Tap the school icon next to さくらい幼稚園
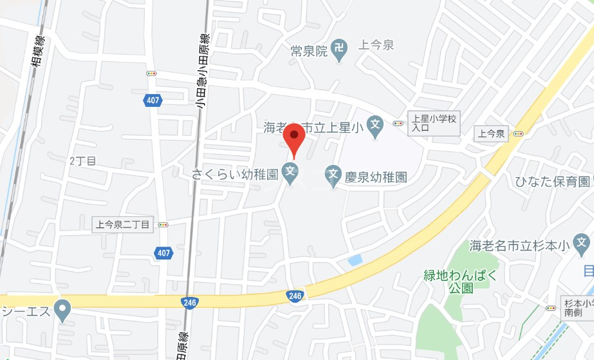(x=291, y=173)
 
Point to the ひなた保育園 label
(x=552, y=182)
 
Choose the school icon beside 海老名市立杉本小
(x=582, y=244)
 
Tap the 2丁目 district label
(x=82, y=161)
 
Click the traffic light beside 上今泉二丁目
(x=163, y=225)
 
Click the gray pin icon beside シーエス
(x=62, y=312)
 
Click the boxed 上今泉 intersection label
(x=492, y=134)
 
